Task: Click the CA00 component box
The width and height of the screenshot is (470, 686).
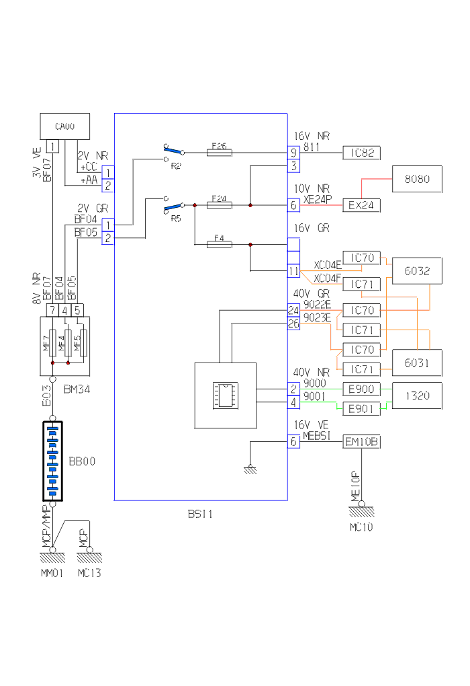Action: click(65, 126)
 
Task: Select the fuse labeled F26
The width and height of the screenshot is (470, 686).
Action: click(220, 153)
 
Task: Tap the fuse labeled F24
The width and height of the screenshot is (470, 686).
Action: click(220, 205)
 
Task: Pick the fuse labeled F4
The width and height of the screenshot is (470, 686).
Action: click(220, 245)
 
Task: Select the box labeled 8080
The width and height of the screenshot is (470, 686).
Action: click(417, 179)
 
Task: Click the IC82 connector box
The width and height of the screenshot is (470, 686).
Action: click(362, 153)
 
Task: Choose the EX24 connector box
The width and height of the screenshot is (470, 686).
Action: click(362, 205)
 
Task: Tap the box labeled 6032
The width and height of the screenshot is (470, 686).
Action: click(417, 271)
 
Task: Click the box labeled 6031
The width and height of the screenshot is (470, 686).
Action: click(417, 363)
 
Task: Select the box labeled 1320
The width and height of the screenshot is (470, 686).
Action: click(417, 395)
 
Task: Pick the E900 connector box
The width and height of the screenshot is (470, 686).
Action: click(362, 389)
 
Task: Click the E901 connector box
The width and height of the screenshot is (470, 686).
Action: click(362, 408)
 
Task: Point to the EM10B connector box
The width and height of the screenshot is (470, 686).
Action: click(362, 442)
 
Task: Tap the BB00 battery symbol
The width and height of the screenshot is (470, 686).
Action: click(52, 461)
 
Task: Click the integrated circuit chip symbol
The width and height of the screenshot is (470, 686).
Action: click(224, 395)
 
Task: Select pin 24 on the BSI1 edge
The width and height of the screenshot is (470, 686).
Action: click(293, 311)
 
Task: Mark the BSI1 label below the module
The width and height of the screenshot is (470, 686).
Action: click(200, 514)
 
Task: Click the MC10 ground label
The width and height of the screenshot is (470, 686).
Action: click(361, 527)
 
